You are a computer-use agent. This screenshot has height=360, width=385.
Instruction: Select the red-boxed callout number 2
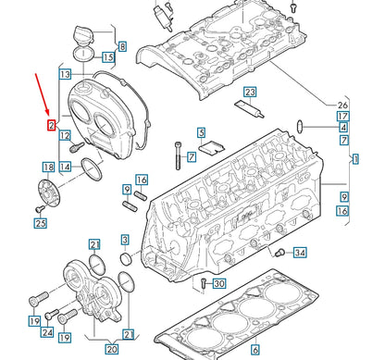pyautogui.click(x=52, y=123)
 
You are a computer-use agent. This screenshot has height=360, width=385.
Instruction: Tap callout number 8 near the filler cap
pyautogui.click(x=122, y=45)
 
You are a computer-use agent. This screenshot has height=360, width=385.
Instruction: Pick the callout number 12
pyautogui.click(x=65, y=137)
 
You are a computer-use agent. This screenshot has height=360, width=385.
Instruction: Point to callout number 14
pyautogui.click(x=65, y=167)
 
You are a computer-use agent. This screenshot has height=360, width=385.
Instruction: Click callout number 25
pyautogui.click(x=40, y=223)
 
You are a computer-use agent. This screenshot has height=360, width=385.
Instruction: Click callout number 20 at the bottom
pyautogui.click(x=111, y=349)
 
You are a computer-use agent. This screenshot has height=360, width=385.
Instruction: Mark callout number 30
pyautogui.click(x=218, y=283)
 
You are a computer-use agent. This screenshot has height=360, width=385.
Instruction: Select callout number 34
pyautogui.click(x=299, y=253)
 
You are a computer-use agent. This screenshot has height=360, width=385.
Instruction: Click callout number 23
pyautogui.click(x=250, y=93)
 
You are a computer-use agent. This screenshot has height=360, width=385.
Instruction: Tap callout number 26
pyautogui.click(x=342, y=104)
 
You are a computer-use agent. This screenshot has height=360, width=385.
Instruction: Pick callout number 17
pyautogui.click(x=342, y=115)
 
